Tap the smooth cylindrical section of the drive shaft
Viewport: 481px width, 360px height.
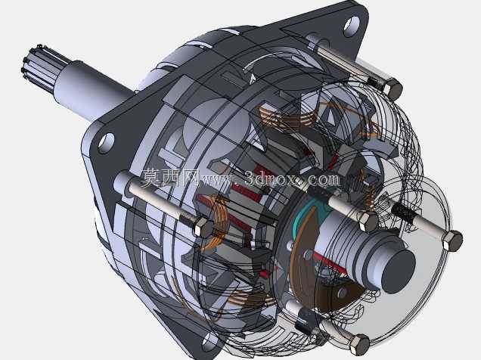coord(92,91)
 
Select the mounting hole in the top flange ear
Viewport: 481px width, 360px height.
coord(351,24)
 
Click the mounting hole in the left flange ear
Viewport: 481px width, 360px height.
coord(106,143)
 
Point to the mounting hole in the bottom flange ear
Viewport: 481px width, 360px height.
coord(209,341)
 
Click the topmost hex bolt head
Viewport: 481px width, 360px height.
coord(392,88)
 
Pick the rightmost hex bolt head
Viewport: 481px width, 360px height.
coord(452,241)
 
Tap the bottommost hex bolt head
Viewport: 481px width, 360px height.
coord(359,345)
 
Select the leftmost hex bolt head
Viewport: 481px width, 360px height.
coord(203,227)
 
